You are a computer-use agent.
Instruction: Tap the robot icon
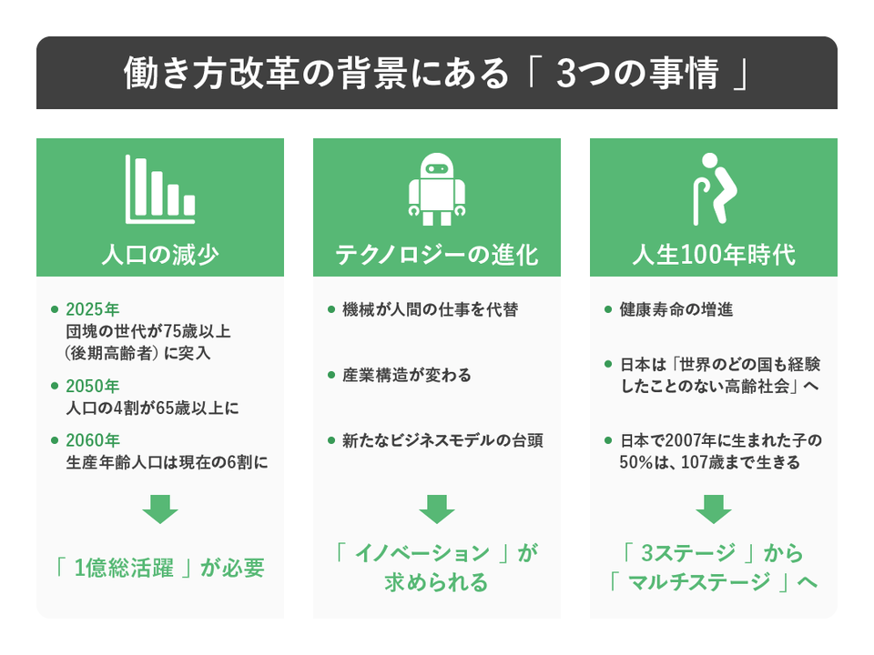click(x=437, y=188)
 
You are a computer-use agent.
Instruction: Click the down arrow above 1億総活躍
click(x=160, y=509)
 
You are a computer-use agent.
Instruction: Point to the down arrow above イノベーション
click(x=437, y=509)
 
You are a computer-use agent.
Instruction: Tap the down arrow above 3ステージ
click(x=714, y=509)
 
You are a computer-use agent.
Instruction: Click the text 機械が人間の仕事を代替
click(x=430, y=310)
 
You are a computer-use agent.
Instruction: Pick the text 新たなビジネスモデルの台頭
click(x=442, y=441)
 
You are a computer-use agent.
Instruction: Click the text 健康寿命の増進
click(x=676, y=310)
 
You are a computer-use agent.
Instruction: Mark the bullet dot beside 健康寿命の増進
click(x=608, y=310)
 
